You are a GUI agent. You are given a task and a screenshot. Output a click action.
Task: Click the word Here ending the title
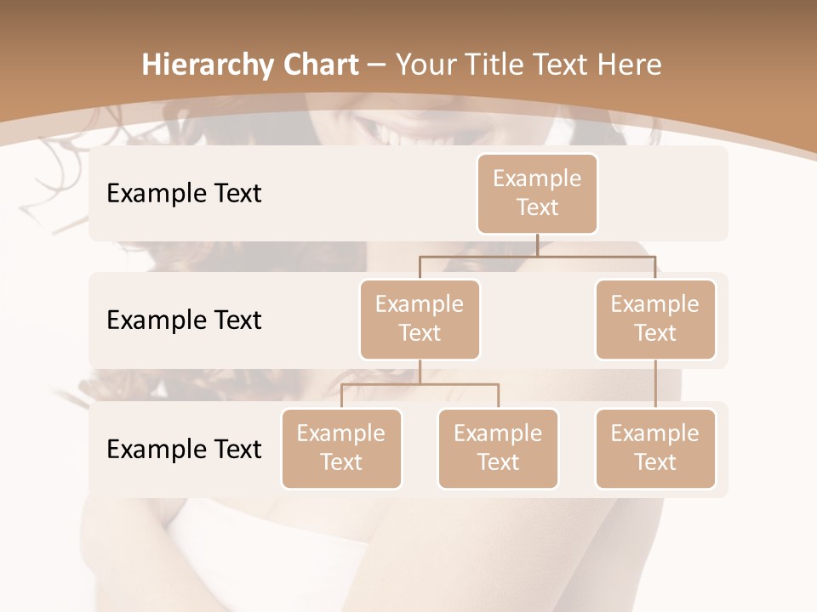click(x=631, y=65)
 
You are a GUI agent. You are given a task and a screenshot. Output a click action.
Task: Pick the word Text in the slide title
click(x=567, y=65)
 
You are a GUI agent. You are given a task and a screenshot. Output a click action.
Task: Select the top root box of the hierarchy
click(x=537, y=193)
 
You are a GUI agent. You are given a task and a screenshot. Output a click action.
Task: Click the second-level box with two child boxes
click(x=420, y=319)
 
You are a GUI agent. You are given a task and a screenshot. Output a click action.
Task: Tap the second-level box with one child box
click(x=654, y=319)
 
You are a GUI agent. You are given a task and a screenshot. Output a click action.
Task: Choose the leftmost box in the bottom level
click(x=341, y=448)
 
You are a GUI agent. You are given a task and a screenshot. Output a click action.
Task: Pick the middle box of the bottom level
click(x=498, y=448)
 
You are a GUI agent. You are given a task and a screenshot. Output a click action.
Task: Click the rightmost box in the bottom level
click(x=654, y=448)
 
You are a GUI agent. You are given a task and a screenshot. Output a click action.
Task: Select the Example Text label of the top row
click(x=184, y=193)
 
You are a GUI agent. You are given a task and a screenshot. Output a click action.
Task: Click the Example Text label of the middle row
click(x=184, y=320)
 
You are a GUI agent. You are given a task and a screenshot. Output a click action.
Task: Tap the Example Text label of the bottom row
click(x=184, y=449)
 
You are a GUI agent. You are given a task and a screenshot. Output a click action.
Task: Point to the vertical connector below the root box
click(x=537, y=245)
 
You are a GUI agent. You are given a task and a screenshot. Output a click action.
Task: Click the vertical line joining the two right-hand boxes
click(x=654, y=384)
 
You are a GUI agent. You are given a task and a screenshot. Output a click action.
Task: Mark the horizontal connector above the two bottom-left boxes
click(x=420, y=384)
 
